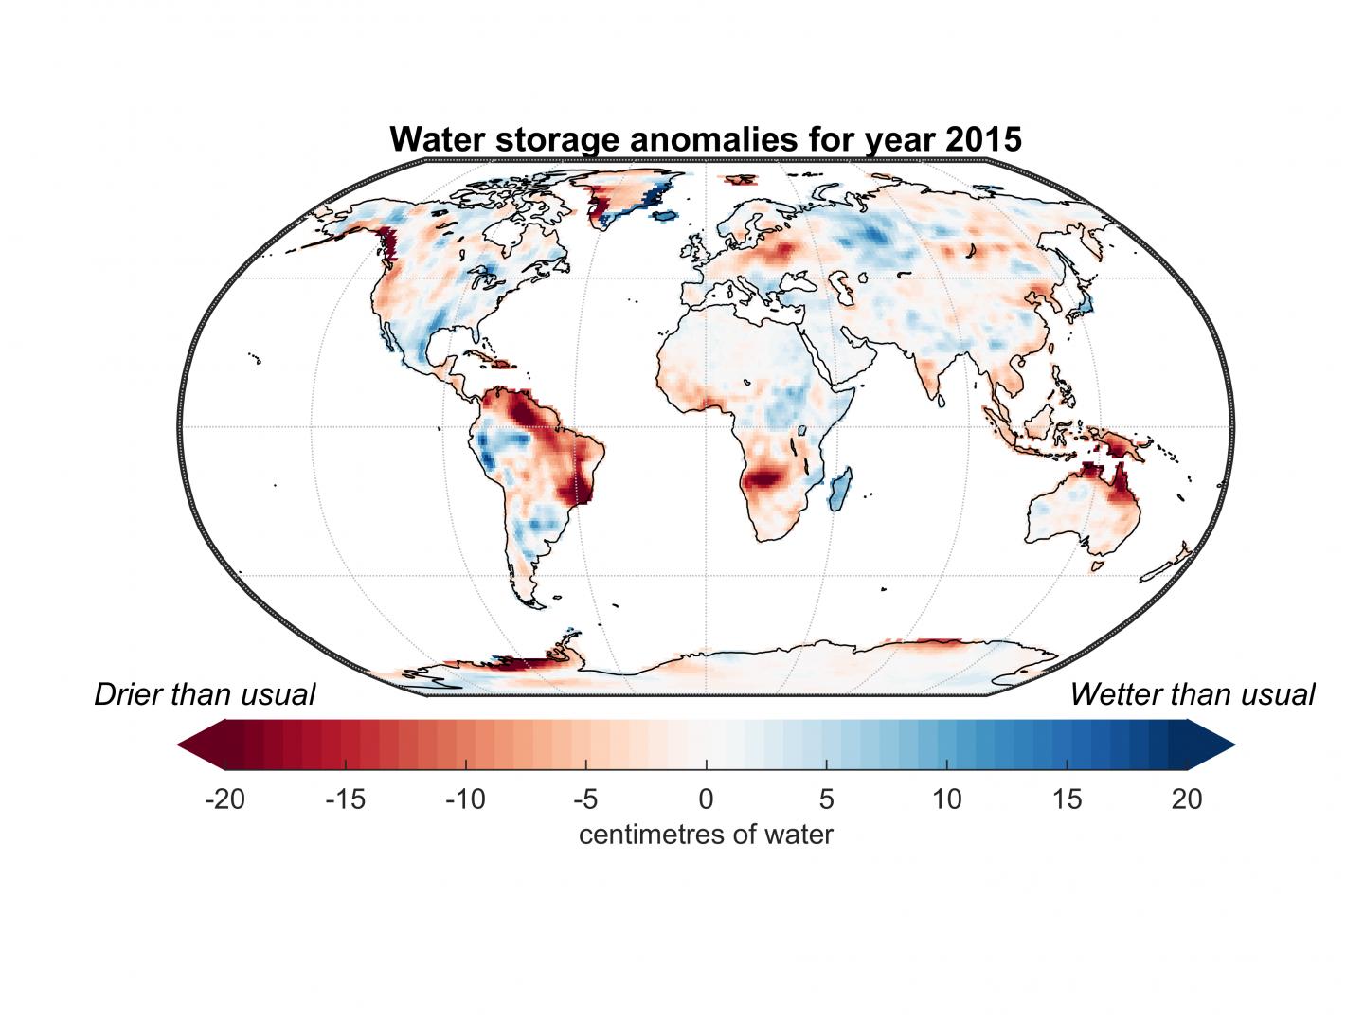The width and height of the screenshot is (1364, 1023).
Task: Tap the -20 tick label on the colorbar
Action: (x=224, y=799)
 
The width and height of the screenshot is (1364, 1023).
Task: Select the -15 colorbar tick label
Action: (x=345, y=799)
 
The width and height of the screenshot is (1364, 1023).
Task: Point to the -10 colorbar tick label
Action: (x=465, y=799)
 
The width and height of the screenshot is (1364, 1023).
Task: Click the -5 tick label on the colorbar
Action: (x=585, y=799)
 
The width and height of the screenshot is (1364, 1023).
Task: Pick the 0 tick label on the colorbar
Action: (x=706, y=799)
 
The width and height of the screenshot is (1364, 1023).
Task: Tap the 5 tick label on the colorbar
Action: (x=826, y=799)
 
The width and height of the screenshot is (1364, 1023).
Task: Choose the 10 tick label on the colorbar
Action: (x=946, y=799)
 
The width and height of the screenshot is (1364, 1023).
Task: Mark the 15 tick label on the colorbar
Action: (x=1067, y=799)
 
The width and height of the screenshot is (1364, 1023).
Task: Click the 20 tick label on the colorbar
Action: (x=1187, y=799)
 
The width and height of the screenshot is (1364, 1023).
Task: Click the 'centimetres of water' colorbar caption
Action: (x=706, y=835)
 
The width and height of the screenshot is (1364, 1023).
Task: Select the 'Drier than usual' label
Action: (x=205, y=694)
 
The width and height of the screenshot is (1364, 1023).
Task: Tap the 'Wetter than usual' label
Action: (x=1193, y=694)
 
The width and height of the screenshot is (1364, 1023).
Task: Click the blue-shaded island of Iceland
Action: (x=666, y=217)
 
